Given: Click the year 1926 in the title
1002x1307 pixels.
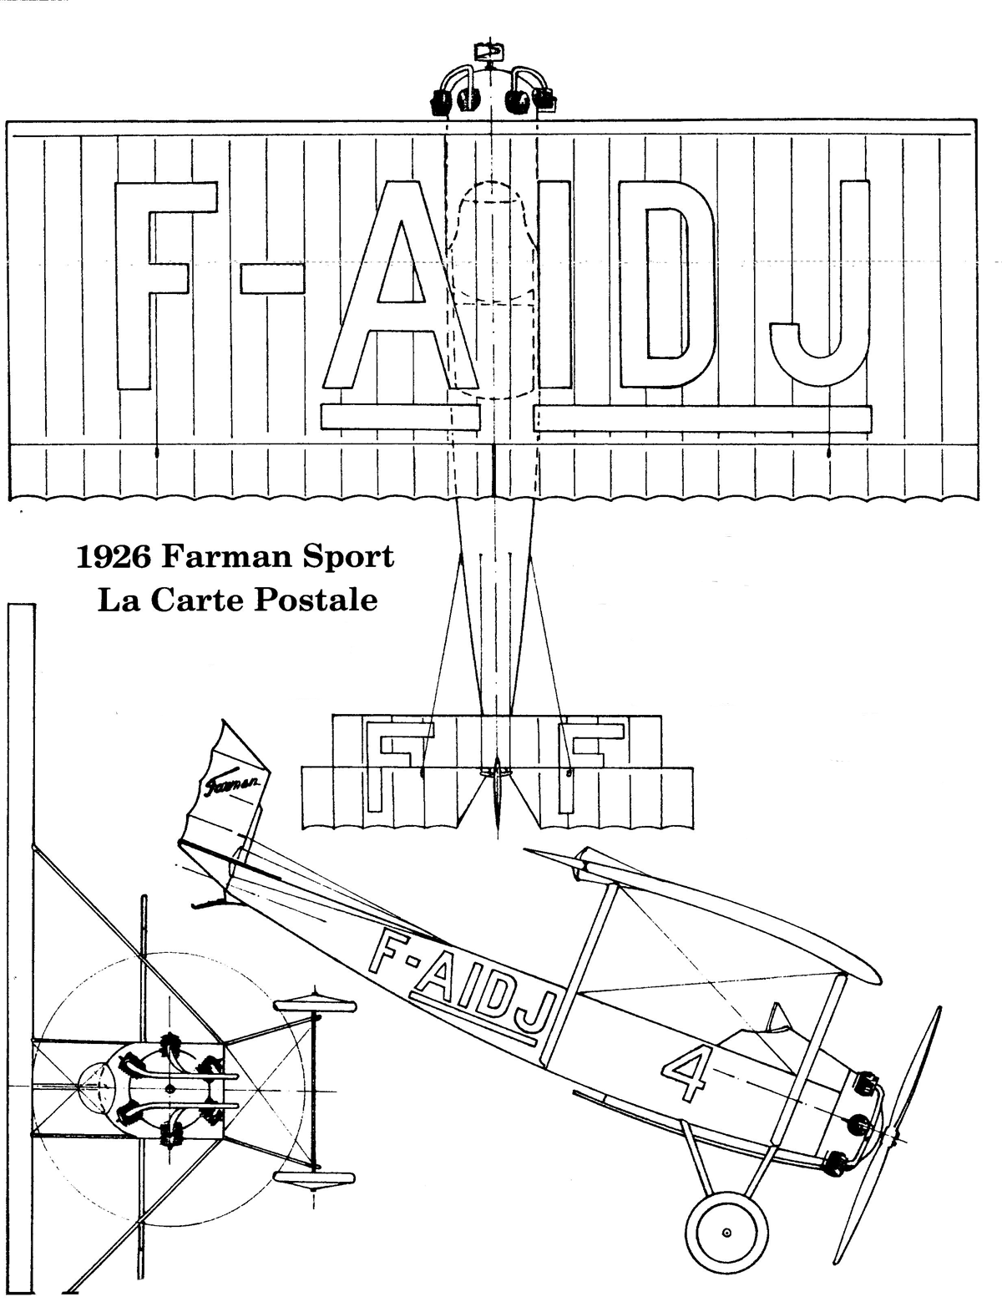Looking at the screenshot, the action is (113, 557).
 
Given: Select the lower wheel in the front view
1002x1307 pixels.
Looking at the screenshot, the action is (315, 1182).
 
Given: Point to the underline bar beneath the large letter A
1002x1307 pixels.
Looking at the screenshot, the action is (400, 416).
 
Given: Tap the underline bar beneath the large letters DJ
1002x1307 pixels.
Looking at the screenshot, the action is (702, 418).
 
